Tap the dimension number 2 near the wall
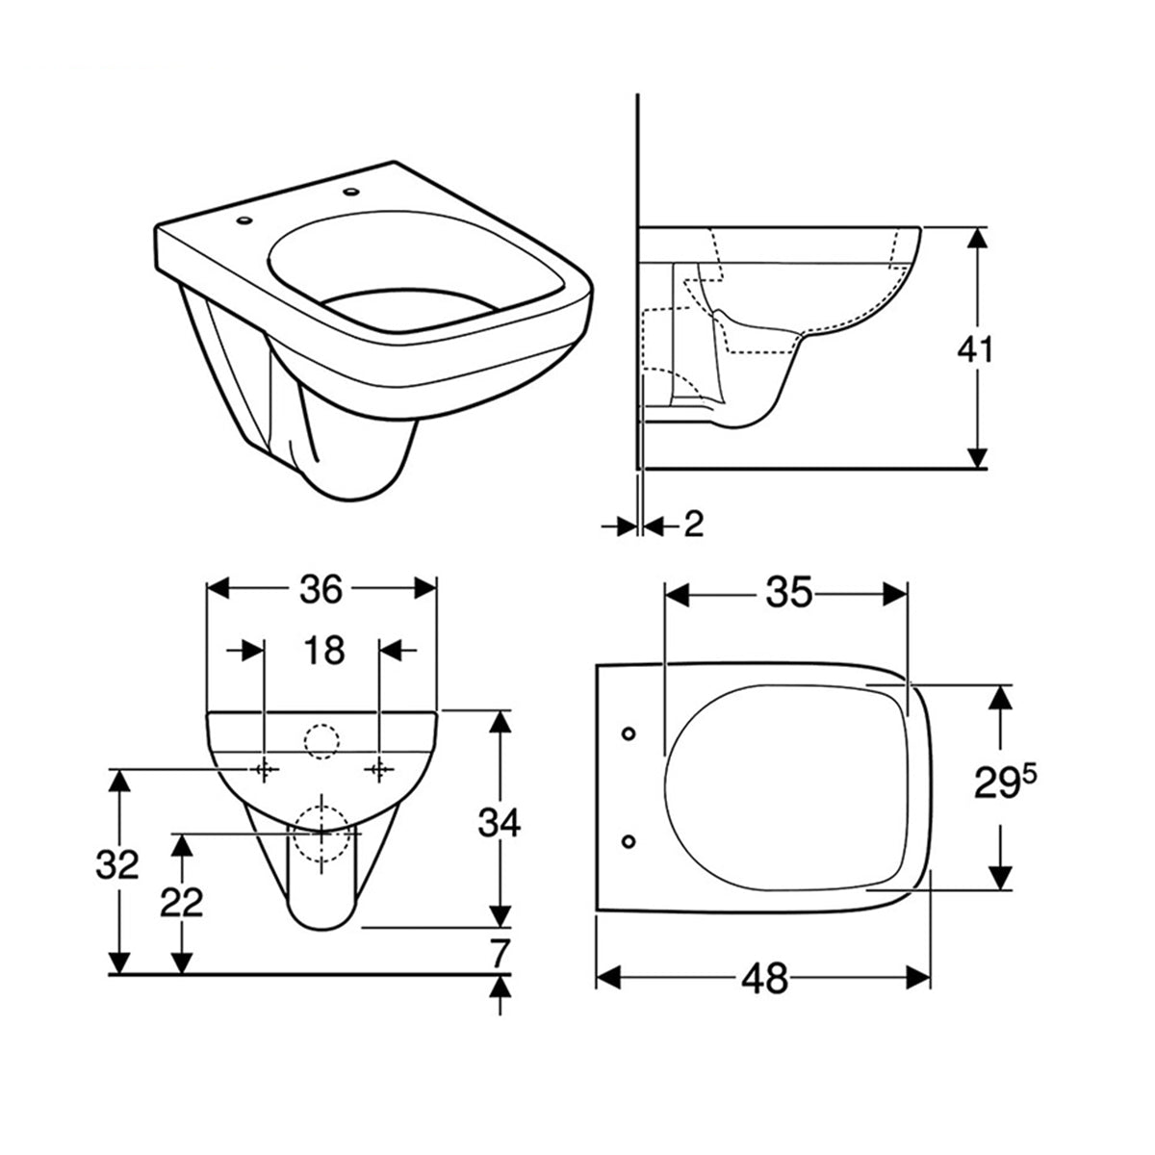click(x=693, y=525)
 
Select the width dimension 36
click(x=321, y=589)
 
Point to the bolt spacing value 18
click(x=324, y=652)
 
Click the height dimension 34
click(x=500, y=823)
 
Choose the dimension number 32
click(x=117, y=865)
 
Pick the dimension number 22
click(x=180, y=902)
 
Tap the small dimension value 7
click(x=499, y=953)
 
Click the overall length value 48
click(x=765, y=979)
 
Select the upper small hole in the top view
click(x=629, y=734)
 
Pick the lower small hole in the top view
click(x=629, y=841)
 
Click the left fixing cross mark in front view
click(x=263, y=769)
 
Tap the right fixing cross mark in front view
click(x=381, y=769)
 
